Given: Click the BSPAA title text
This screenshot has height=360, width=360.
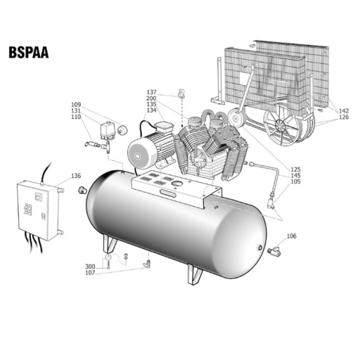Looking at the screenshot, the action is [x=29, y=52].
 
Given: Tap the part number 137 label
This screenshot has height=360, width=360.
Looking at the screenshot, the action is [x=151, y=92].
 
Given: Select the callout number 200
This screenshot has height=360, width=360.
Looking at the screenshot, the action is [x=151, y=98].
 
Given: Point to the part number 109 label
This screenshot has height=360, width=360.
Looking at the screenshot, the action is [x=76, y=105].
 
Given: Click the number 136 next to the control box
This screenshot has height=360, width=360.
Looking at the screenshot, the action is [x=76, y=176].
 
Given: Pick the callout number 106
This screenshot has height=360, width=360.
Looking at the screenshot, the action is [x=292, y=236].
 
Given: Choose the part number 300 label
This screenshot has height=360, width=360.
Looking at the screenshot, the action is [x=90, y=266].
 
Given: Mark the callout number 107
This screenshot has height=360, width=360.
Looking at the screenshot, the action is [x=90, y=273].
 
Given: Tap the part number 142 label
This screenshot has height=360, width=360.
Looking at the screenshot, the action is [x=344, y=110].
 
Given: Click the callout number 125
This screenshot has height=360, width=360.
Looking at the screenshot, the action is [x=295, y=169].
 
